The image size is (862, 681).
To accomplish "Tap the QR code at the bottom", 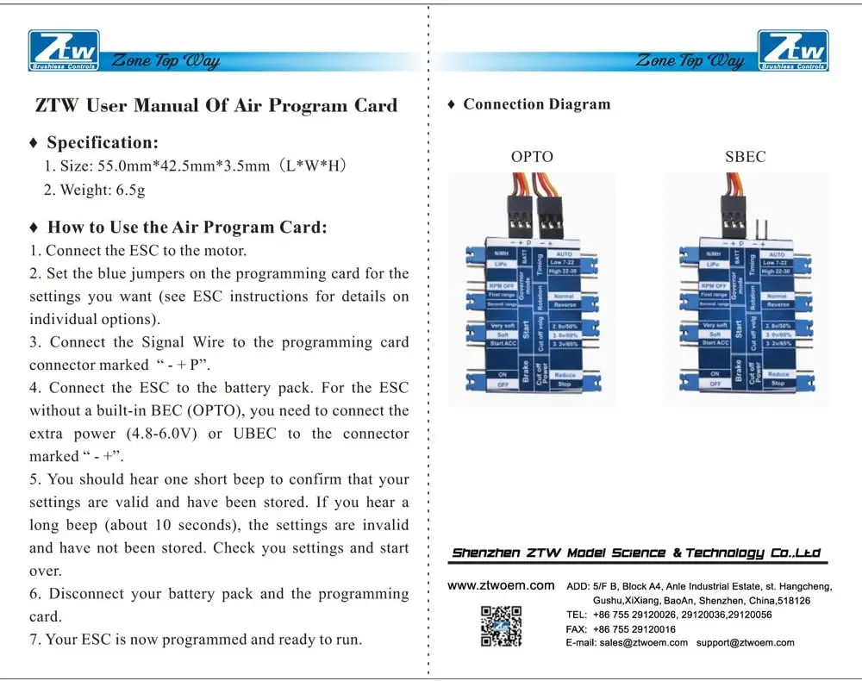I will click(501, 626).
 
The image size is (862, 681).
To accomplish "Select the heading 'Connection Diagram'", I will click(535, 104).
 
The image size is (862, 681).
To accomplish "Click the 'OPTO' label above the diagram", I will click(532, 157).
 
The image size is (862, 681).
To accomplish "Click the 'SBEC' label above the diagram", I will click(745, 157).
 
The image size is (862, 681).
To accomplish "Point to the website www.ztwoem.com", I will click(501, 585).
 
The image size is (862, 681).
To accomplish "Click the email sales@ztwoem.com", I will click(643, 642).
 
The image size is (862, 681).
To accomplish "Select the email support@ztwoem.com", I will click(745, 642).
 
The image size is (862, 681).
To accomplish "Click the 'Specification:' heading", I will click(102, 143).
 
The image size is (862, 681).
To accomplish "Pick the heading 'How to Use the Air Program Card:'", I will click(187, 228).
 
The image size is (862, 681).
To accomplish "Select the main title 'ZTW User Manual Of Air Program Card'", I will click(216, 106).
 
